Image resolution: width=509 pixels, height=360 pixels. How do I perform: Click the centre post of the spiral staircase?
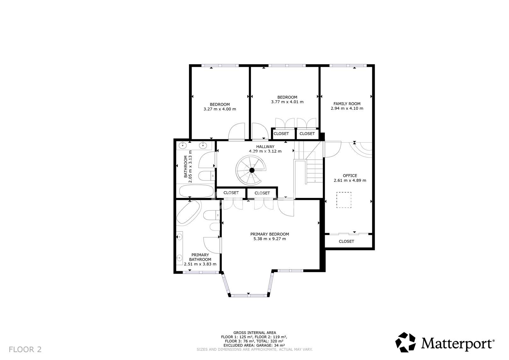pyautogui.click(x=252, y=170)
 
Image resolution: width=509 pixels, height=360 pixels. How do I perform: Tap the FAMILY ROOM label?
pyautogui.click(x=347, y=104)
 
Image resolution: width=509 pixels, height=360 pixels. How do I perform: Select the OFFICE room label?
pyautogui.click(x=350, y=176)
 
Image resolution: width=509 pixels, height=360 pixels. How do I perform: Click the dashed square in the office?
pyautogui.click(x=344, y=200)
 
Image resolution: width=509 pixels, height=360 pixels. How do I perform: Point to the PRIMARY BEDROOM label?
pyautogui.click(x=269, y=234)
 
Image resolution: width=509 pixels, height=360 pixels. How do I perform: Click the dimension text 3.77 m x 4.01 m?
pyautogui.click(x=287, y=102)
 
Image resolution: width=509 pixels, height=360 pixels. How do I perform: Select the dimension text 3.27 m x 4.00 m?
pyautogui.click(x=220, y=109)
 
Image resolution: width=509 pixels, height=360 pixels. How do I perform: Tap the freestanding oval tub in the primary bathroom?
pyautogui.click(x=188, y=212)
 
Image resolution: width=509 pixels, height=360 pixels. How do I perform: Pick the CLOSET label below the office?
pyautogui.click(x=346, y=242)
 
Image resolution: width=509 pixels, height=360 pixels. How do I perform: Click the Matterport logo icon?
pyautogui.click(x=405, y=342)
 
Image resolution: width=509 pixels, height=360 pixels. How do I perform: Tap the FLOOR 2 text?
pyautogui.click(x=25, y=349)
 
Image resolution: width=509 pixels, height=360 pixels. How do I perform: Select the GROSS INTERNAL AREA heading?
pyautogui.click(x=254, y=333)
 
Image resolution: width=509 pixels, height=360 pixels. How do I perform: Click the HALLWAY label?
pyautogui.click(x=265, y=147)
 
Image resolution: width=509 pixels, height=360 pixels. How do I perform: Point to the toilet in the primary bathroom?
pyautogui.click(x=211, y=215)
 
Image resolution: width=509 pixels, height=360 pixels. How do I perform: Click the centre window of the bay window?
pyautogui.click(x=249, y=296)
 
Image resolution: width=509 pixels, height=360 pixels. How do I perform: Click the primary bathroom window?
pyautogui.click(x=201, y=272)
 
